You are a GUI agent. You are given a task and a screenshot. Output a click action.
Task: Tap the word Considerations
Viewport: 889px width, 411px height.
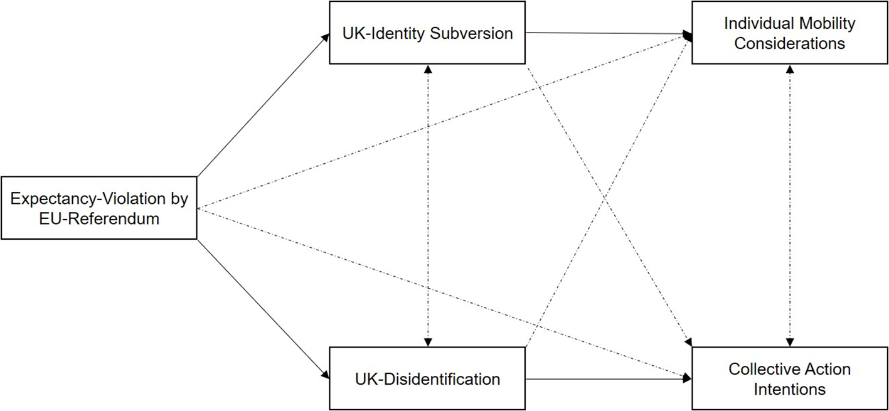tap(790, 43)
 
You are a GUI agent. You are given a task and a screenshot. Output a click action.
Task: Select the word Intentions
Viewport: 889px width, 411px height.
tap(790, 389)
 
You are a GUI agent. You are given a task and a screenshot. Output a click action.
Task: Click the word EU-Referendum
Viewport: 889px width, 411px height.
tap(99, 218)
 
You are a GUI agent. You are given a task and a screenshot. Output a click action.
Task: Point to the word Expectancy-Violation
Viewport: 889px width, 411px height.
tap(88, 198)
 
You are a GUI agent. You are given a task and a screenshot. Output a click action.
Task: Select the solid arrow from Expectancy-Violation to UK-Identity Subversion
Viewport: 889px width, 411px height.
tap(264, 105)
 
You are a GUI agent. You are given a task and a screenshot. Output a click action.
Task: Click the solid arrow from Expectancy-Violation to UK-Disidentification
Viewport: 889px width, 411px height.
tap(264, 309)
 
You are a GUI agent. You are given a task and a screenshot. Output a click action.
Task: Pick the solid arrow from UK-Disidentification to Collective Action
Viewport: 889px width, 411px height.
tap(609, 379)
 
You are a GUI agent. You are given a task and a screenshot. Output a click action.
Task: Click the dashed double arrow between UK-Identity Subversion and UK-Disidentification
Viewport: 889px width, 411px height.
tap(428, 206)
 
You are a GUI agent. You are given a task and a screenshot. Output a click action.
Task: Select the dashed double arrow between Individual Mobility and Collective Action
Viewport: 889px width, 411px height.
tap(790, 206)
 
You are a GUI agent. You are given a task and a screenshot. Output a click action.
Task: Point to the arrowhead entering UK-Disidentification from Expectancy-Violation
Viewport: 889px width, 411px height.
tap(326, 375)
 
